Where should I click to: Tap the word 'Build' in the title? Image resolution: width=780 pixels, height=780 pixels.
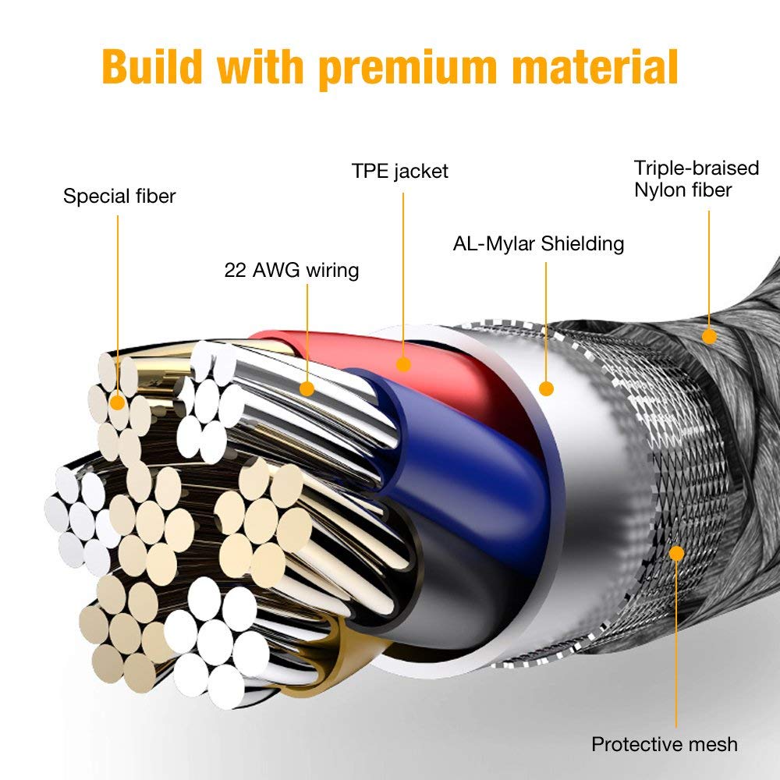coord(152,66)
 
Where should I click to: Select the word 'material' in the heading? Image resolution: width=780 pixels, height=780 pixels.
coord(594,66)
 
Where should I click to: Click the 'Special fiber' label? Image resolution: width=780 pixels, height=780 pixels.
coord(119,196)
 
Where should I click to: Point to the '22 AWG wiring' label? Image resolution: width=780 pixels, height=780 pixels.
coord(292,270)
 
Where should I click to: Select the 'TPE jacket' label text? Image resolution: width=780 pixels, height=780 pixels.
coord(400,171)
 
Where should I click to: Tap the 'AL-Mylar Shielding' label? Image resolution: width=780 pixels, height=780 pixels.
coord(538,243)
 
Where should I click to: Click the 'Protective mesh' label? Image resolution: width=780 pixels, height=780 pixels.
coord(665,745)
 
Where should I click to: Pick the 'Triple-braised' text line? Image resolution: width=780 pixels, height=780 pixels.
coord(697,168)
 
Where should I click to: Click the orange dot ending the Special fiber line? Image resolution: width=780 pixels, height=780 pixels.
coord(118,402)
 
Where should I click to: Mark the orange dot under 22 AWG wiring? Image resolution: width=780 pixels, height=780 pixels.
coord(307,388)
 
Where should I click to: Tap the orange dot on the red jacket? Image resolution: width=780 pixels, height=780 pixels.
coord(403,364)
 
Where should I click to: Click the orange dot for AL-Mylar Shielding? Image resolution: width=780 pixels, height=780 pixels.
coord(546,388)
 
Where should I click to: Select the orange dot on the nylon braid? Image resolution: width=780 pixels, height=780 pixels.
coord(709,336)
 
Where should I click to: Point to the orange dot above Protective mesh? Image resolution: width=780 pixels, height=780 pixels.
coord(676,553)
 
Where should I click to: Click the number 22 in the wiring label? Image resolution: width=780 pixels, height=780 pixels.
coord(236,270)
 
